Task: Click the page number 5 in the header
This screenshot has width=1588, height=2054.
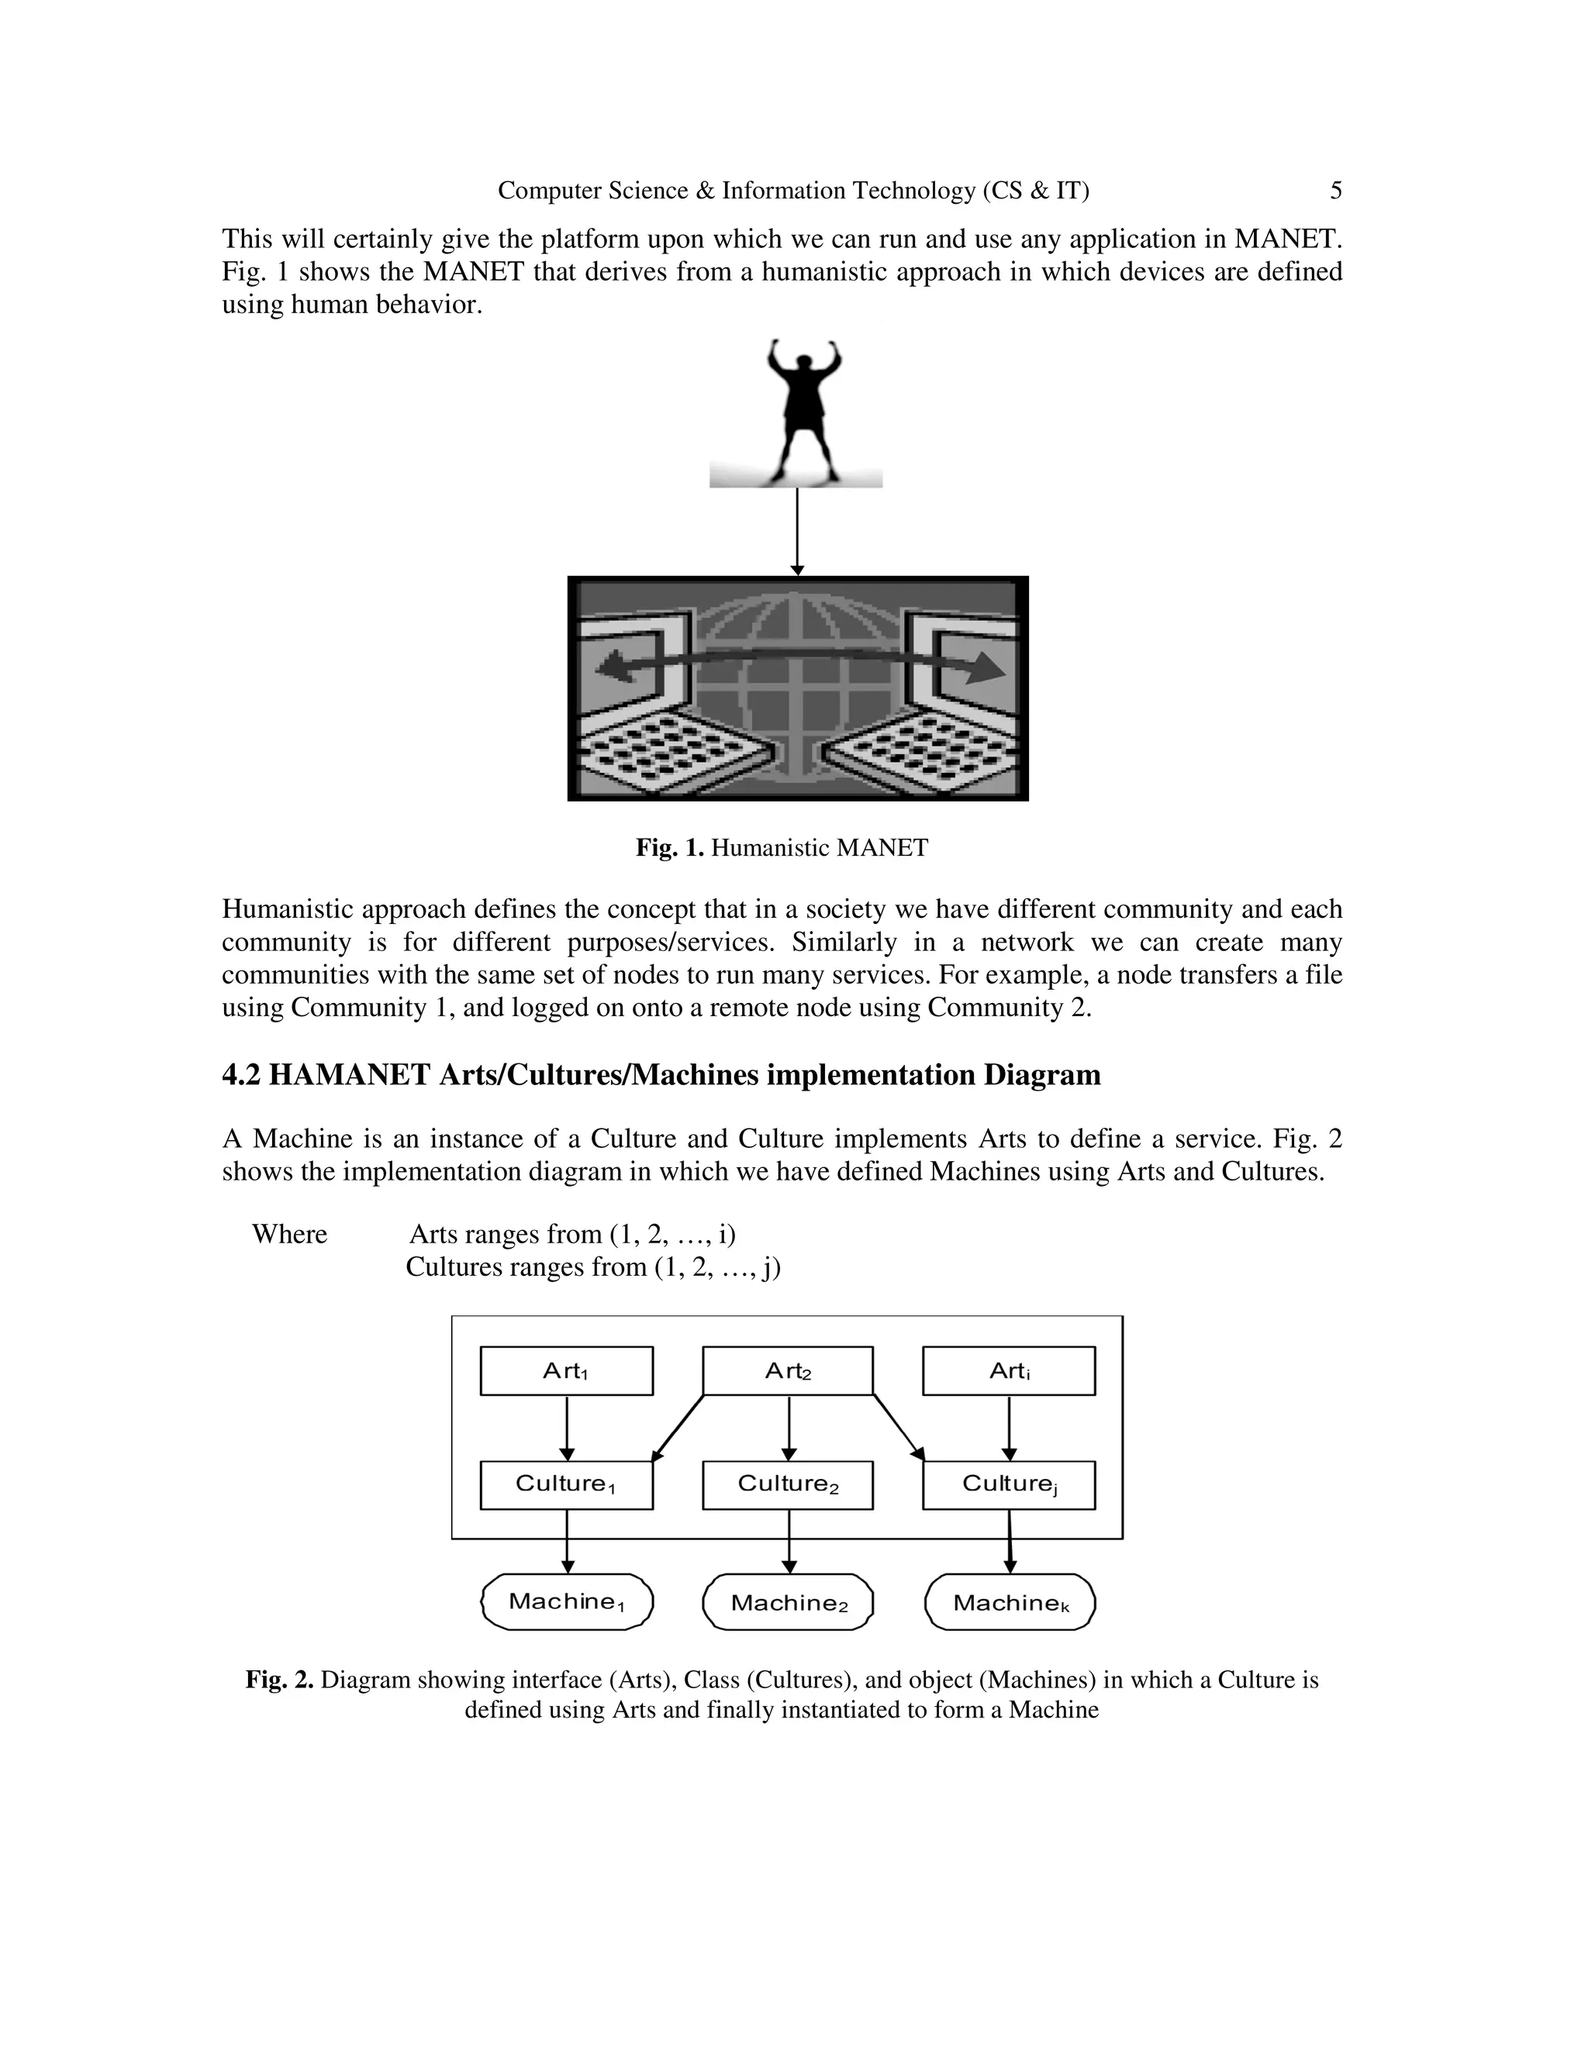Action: (x=1335, y=191)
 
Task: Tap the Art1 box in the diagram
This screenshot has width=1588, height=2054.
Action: (x=566, y=1370)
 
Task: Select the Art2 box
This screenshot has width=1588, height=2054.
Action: (x=788, y=1370)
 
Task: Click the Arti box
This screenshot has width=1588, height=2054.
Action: (x=1009, y=1370)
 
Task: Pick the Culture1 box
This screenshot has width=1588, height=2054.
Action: (x=566, y=1484)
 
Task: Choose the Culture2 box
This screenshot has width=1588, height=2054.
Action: (x=788, y=1484)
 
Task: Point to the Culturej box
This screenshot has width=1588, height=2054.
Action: (x=1009, y=1484)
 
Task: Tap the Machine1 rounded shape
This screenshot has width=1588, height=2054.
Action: (x=566, y=1601)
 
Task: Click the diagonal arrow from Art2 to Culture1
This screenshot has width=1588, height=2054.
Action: (x=678, y=1428)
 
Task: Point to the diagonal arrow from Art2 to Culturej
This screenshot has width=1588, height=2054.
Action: (x=899, y=1428)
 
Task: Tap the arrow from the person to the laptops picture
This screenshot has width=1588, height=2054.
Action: (x=797, y=532)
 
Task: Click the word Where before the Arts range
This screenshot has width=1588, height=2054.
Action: (x=290, y=1234)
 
